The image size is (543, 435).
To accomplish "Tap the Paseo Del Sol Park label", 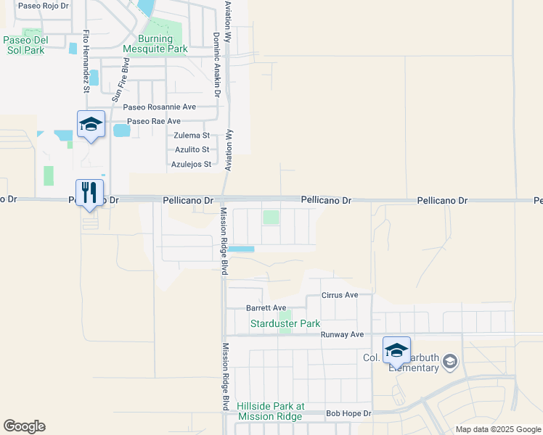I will click(x=25, y=45).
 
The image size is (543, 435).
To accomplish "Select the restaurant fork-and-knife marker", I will click(x=90, y=194).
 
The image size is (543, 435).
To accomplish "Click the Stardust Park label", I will click(x=285, y=323).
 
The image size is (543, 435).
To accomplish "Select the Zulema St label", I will click(x=192, y=136).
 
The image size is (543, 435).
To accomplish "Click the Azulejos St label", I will click(x=191, y=164).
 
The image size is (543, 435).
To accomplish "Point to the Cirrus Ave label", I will click(x=340, y=296).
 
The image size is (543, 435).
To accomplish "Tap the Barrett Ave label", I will click(x=266, y=308).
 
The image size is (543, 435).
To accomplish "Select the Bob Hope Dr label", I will click(x=348, y=413).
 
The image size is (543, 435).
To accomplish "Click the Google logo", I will click(x=24, y=426).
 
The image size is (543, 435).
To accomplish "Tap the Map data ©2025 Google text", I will click(x=497, y=429).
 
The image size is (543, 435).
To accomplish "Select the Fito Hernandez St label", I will click(x=86, y=62).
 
